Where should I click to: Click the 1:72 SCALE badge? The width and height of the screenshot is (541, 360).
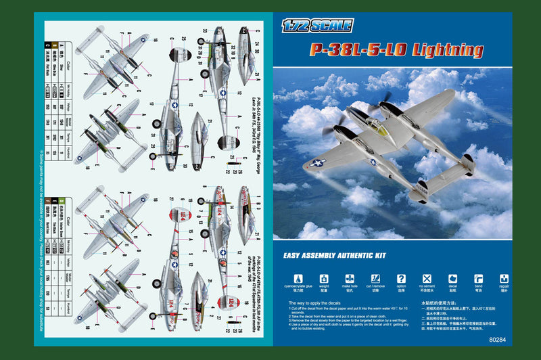pos(317,26)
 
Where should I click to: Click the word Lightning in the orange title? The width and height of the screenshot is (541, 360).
pos(446,49)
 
